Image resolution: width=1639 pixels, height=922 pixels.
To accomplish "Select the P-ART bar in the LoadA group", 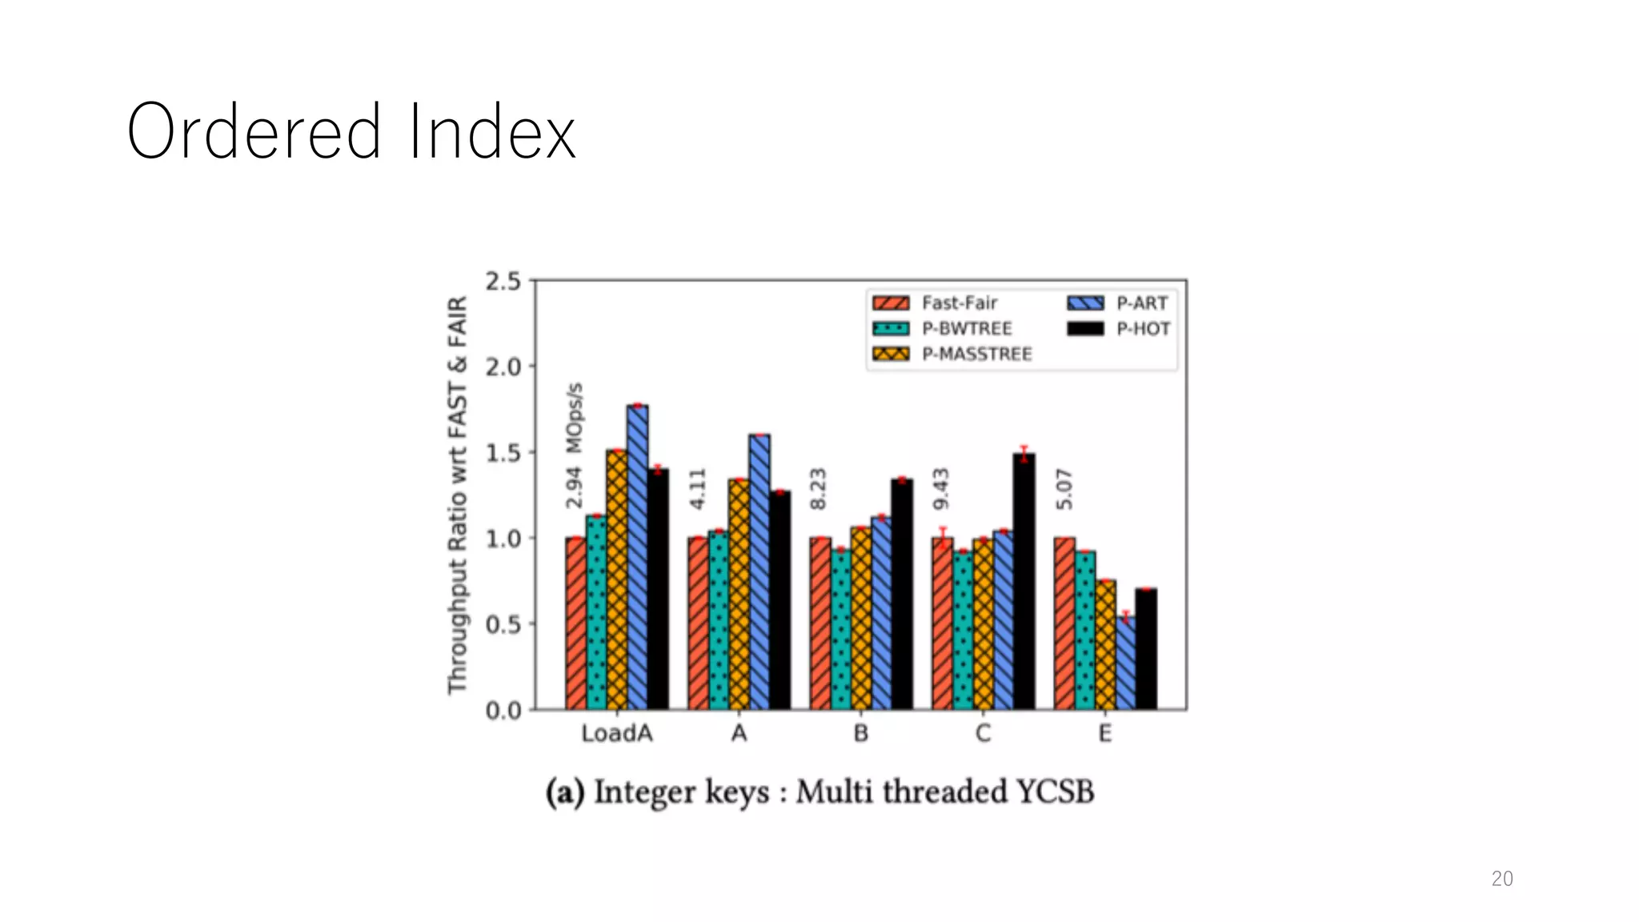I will pyautogui.click(x=638, y=560).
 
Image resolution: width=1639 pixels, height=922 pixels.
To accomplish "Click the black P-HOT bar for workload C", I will pyautogui.click(x=1024, y=584).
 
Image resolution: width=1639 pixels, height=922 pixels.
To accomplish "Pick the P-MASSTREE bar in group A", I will pyautogui.click(x=739, y=596).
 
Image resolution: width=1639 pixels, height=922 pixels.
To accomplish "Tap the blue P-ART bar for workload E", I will pyautogui.click(x=1125, y=664).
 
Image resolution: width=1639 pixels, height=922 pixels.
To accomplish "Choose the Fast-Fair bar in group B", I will pyautogui.click(x=819, y=624).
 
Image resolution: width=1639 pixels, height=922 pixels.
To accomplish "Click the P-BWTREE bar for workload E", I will pyautogui.click(x=1084, y=632).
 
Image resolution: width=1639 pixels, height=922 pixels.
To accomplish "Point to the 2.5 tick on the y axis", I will pyautogui.click(x=503, y=282).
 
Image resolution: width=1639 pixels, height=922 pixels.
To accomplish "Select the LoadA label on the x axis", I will pyautogui.click(x=616, y=733).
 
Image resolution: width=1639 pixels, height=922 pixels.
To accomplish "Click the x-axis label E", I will pyautogui.click(x=1104, y=733).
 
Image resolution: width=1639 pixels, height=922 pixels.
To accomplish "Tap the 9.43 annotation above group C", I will pyautogui.click(x=941, y=489).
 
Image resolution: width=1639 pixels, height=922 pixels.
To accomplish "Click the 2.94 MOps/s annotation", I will pyautogui.click(x=574, y=446).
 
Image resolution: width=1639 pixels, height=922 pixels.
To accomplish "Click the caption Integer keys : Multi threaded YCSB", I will pyautogui.click(x=819, y=792).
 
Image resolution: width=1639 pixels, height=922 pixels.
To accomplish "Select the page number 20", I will pyautogui.click(x=1501, y=879).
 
